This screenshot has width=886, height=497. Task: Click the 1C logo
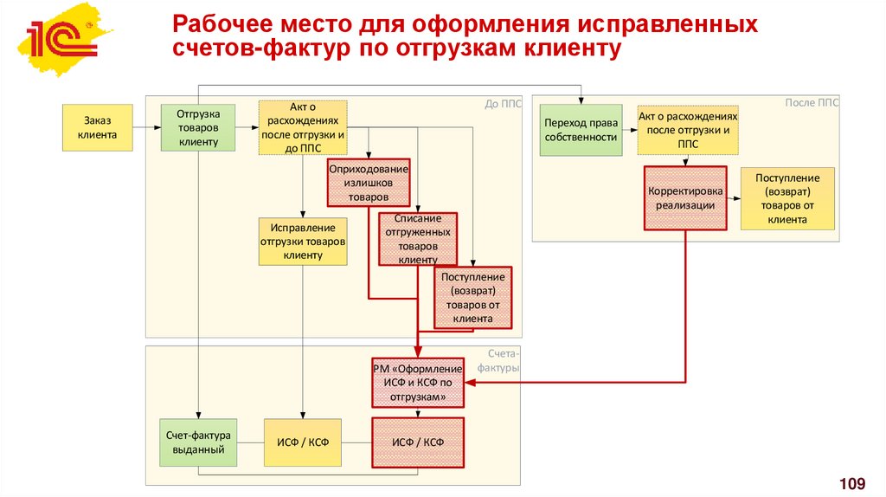click(60, 40)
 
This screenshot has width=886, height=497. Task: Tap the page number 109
click(852, 481)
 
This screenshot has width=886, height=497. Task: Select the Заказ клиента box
click(97, 127)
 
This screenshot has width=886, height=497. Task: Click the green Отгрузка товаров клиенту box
click(198, 127)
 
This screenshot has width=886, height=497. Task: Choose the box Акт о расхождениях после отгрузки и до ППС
click(303, 127)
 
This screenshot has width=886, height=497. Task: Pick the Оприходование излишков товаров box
click(368, 184)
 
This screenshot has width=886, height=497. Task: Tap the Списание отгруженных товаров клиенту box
click(418, 239)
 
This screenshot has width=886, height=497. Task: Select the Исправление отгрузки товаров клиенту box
click(303, 241)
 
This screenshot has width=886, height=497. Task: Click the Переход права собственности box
click(581, 130)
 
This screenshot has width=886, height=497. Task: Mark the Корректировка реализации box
click(684, 198)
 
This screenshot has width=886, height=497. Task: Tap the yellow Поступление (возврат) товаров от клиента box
click(787, 198)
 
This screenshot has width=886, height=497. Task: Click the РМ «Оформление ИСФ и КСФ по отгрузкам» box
click(418, 383)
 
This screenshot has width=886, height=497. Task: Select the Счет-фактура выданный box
click(198, 442)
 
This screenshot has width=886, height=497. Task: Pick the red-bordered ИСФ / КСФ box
click(418, 442)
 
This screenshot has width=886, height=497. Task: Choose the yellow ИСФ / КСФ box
click(303, 442)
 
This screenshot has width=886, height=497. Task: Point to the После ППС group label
click(811, 102)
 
